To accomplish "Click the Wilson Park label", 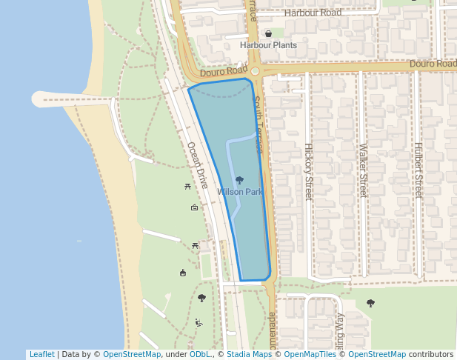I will [x=239, y=192].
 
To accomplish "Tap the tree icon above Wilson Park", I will [x=239, y=180].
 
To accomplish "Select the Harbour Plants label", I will [x=268, y=45].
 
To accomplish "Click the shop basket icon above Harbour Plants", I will [x=268, y=34].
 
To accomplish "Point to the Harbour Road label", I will [x=313, y=13].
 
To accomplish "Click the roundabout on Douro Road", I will [x=255, y=72].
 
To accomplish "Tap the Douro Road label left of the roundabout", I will [x=223, y=71].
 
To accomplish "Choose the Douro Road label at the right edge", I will [x=433, y=64].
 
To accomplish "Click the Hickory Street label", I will [x=308, y=171].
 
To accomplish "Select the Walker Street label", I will [x=363, y=171].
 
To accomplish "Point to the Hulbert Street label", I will [x=418, y=171].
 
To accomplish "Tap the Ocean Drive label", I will [x=197, y=165].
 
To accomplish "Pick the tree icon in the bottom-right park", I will [x=370, y=303].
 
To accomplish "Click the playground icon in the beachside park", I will [x=199, y=323].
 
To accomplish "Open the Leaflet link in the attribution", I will [x=41, y=354].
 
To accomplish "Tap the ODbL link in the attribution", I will [x=200, y=354].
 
